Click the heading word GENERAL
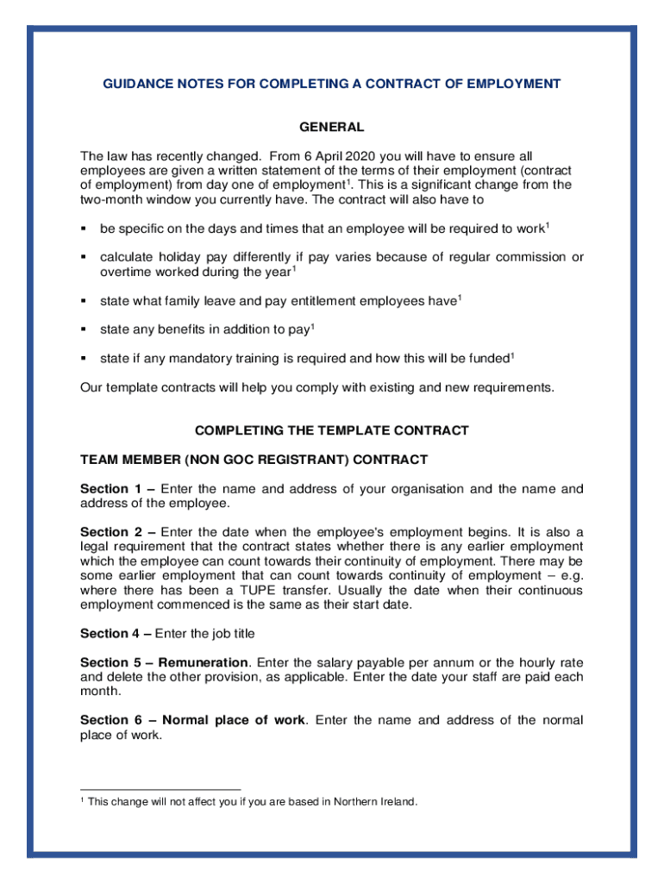coord(332,128)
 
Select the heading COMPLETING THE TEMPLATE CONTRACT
coord(332,430)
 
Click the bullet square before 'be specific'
coord(85,229)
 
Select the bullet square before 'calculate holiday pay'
coord(85,258)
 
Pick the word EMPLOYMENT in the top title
coord(513,84)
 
